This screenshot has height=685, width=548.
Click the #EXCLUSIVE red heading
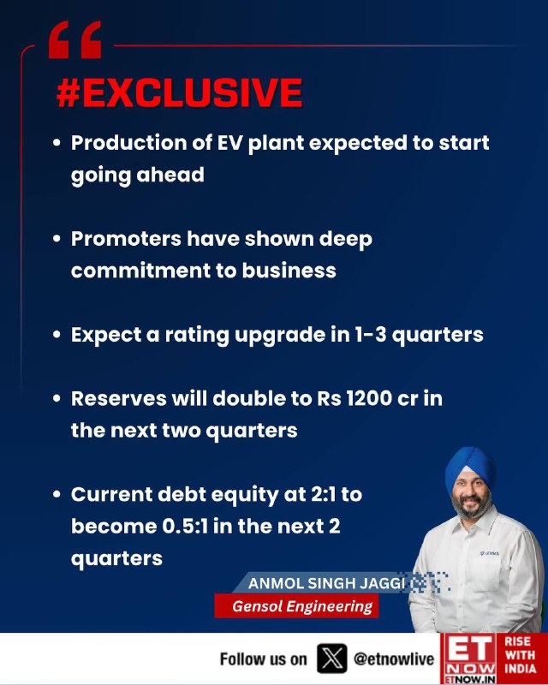tap(180, 92)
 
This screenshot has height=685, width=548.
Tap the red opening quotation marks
tap(74, 39)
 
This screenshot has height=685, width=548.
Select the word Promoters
tap(126, 239)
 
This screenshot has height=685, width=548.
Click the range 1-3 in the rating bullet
tap(368, 335)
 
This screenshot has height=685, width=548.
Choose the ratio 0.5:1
tap(185, 527)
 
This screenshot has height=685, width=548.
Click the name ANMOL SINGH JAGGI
tap(326, 583)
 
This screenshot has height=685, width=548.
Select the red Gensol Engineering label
tap(296, 606)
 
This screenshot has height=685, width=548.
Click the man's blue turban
tap(470, 468)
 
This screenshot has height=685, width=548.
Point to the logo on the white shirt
tap(489, 553)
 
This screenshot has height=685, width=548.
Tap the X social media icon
tap(332, 658)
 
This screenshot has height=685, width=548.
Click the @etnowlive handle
tap(394, 658)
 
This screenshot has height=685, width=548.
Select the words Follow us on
tap(263, 658)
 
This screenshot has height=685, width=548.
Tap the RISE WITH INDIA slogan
tap(520, 655)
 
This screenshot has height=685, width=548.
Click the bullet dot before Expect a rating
tap(57, 335)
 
